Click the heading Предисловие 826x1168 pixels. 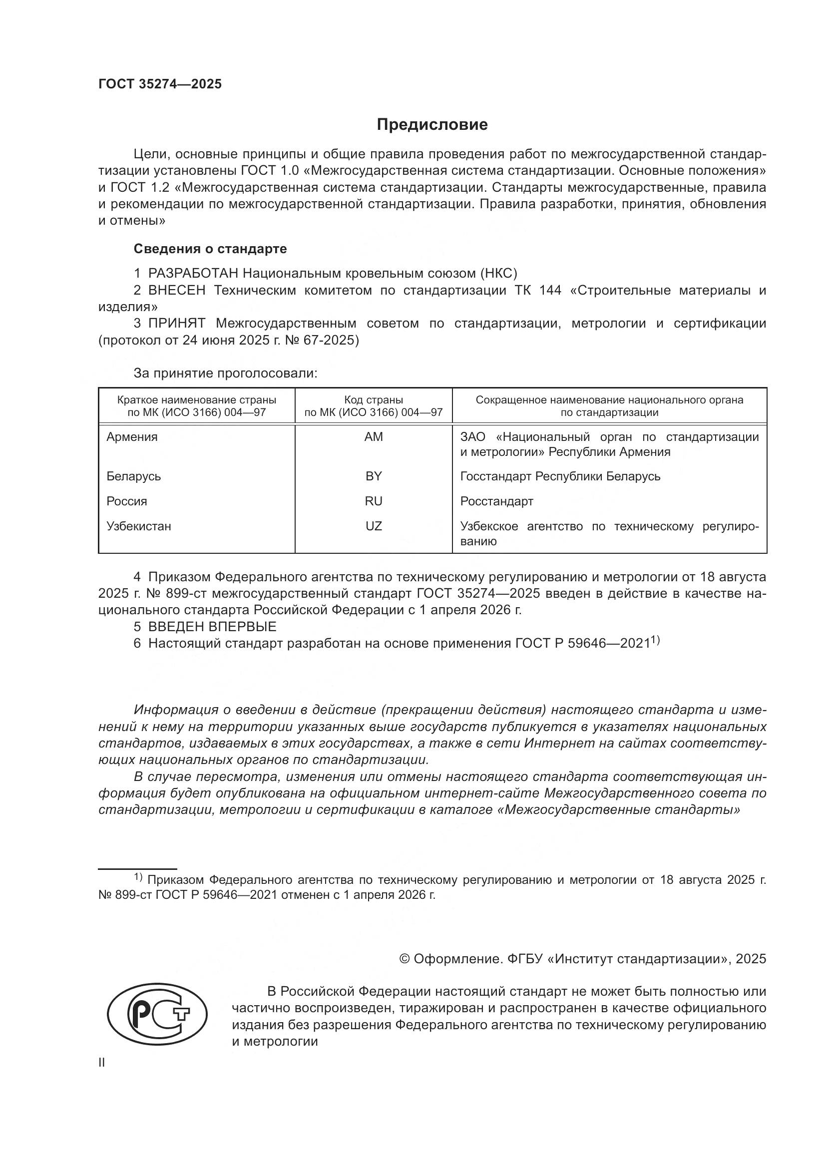pos(432,125)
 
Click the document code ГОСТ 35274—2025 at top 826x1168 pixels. pos(160,84)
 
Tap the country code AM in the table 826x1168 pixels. pos(374,436)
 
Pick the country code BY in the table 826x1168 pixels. pos(374,476)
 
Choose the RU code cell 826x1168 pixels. pos(374,501)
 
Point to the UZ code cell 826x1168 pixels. pos(374,526)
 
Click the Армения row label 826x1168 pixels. pos(132,436)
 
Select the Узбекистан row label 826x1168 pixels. pos(138,526)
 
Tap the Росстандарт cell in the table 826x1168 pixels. pos(496,501)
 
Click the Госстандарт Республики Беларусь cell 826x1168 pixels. pos(560,476)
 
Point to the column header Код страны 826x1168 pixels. pos(374,400)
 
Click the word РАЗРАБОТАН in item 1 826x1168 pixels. pos(193,274)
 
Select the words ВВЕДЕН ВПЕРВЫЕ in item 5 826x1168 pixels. pos(212,626)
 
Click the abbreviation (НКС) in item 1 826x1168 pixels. pos(498,274)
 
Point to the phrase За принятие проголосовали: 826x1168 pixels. pos(225,373)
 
